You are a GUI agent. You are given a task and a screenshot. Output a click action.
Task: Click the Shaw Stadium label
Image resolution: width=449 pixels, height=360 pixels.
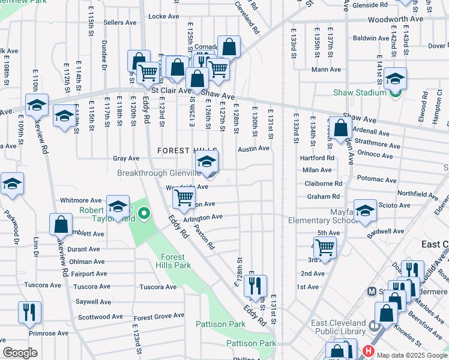point(360,92)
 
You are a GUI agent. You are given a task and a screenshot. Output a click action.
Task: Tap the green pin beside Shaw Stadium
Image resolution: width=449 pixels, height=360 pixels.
point(394,92)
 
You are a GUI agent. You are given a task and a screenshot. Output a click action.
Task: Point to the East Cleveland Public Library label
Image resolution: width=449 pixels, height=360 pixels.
point(338,327)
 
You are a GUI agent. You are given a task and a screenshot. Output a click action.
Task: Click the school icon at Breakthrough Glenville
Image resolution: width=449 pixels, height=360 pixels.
point(207,162)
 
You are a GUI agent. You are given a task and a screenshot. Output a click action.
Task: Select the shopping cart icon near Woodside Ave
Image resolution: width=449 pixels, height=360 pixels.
point(184,197)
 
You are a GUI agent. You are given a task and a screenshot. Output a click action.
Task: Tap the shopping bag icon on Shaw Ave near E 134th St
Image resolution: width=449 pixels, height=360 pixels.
point(341,128)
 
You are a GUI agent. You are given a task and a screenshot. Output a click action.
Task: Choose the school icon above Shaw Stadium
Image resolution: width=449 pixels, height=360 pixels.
point(395,79)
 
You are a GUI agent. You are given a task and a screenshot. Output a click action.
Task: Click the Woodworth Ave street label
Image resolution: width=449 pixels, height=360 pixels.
point(396,19)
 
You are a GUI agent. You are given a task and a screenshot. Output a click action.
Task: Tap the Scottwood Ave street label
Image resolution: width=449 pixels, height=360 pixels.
point(100,317)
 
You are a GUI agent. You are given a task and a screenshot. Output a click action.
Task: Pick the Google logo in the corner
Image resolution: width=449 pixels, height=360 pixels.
point(20,353)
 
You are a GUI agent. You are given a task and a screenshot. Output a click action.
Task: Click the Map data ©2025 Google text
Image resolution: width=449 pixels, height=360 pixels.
point(412,355)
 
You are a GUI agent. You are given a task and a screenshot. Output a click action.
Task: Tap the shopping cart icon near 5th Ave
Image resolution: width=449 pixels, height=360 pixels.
point(325,247)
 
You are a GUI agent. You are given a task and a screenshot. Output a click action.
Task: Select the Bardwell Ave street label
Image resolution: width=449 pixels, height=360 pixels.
point(387,231)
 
